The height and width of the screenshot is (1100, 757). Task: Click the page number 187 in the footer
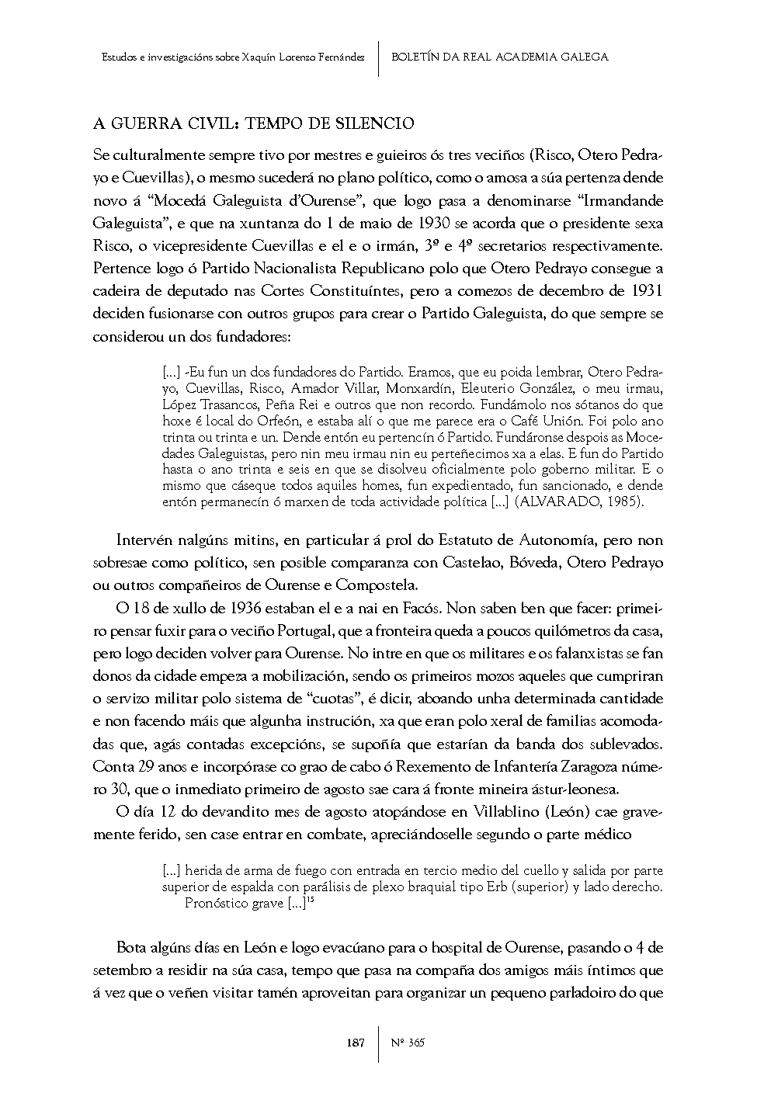coord(355,1043)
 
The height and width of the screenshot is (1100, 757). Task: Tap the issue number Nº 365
coord(408,1043)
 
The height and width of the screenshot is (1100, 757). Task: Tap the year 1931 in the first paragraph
coord(646,290)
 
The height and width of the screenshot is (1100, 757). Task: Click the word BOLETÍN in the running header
coord(419,57)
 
